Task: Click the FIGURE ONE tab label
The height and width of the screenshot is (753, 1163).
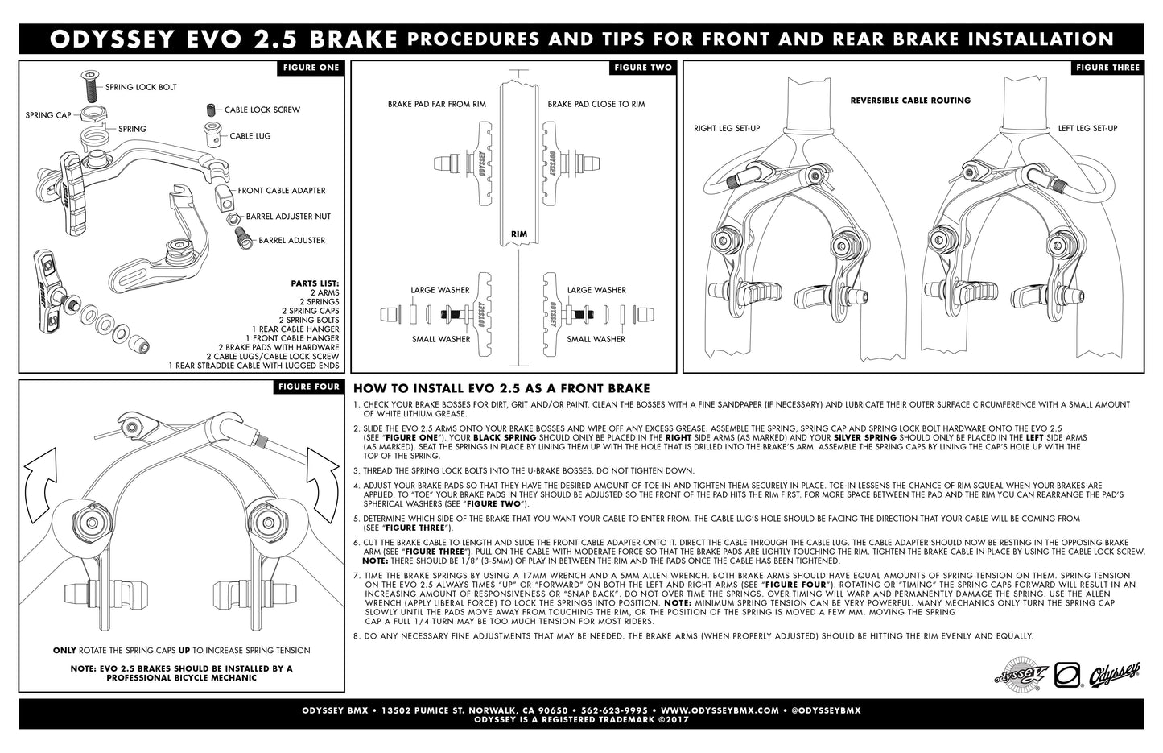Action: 311,68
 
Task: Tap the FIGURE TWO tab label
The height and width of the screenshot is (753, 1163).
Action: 642,68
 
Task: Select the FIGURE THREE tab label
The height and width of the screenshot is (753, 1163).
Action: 1107,68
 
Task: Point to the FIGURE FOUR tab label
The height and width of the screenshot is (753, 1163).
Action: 309,387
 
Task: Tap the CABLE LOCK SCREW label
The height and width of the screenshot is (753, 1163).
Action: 262,110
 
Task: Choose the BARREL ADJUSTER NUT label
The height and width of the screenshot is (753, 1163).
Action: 288,217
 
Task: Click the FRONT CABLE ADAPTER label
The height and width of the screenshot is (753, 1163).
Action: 282,191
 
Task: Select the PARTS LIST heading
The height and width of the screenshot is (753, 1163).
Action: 315,283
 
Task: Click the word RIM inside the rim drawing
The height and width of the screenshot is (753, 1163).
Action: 519,234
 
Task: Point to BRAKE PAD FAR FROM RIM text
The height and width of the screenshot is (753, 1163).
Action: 436,105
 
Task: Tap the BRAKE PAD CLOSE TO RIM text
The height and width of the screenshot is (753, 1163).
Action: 596,105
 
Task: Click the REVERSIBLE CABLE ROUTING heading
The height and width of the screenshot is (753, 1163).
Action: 910,101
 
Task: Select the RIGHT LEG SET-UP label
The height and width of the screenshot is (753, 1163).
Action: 727,129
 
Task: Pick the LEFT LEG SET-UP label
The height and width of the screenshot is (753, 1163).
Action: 1087,129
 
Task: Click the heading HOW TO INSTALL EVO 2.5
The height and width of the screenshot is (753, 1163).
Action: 501,389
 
